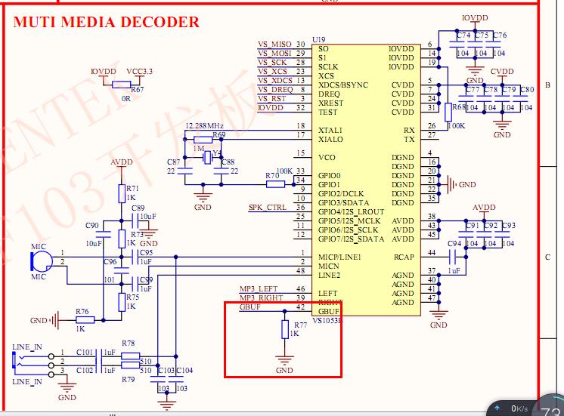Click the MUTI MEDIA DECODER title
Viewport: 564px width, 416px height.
[107, 22]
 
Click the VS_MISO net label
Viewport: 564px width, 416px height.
[274, 45]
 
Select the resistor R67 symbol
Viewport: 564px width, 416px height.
[121, 85]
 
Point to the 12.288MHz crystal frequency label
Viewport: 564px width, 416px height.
[204, 125]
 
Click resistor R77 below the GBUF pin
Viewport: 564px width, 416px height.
[284, 329]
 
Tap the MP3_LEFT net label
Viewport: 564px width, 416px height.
[259, 289]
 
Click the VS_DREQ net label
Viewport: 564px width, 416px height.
[274, 90]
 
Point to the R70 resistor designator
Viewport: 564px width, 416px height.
[271, 176]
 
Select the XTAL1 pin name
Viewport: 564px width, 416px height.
[330, 130]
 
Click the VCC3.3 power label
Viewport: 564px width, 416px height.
[139, 71]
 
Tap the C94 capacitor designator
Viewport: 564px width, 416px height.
[454, 244]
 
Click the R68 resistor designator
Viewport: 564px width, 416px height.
[459, 107]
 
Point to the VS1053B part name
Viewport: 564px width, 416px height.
[327, 319]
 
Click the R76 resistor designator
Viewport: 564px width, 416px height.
[82, 311]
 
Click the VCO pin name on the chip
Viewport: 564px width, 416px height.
[327, 157]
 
